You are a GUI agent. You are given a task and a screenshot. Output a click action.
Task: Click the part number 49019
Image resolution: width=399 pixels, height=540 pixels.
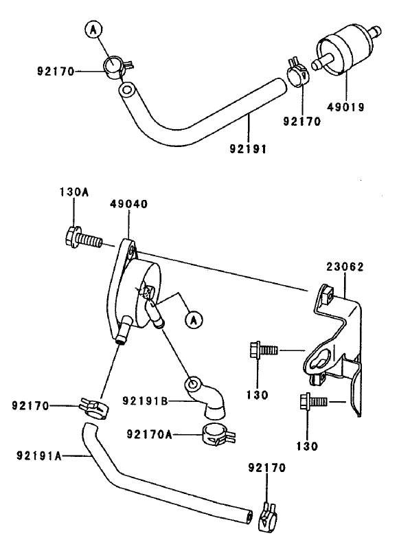pos(344,107)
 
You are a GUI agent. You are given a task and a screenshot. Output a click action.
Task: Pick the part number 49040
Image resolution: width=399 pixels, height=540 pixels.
pos(129,204)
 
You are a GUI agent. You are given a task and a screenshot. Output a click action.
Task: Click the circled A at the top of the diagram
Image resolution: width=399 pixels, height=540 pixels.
pos(93,29)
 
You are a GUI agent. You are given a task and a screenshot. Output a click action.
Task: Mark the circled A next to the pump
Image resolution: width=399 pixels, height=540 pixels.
pos(194,319)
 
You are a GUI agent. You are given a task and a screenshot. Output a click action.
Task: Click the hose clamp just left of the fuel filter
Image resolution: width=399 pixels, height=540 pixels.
pos(297,71)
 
